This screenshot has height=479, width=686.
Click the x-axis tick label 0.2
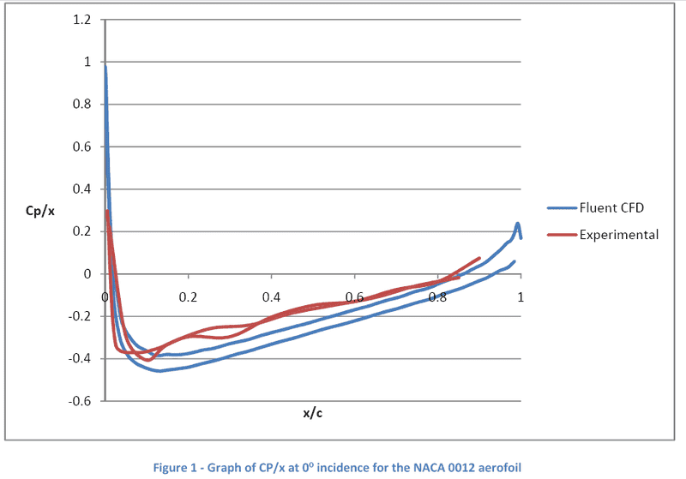pos(188,297)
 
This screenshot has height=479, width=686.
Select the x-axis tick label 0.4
pos(271,297)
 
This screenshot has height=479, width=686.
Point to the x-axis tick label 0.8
pos(437,297)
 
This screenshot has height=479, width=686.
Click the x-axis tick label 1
pos(520,297)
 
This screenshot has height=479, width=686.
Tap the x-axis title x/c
pos(312,414)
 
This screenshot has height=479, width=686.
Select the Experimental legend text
pos(619,235)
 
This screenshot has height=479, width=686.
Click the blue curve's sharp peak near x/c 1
pos(518,224)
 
